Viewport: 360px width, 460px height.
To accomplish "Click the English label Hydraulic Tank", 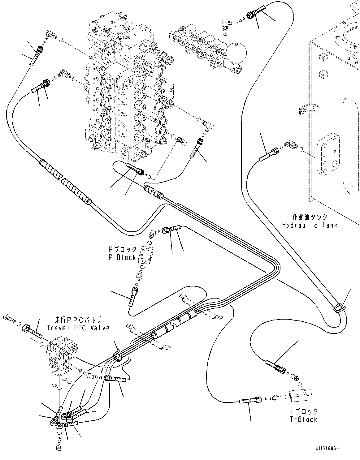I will coord(310,225).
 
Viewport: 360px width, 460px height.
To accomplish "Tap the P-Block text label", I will coord(122,257).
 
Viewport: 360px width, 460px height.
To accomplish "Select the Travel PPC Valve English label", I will coord(78,328).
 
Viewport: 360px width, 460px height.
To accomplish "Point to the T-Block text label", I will coord(303,419).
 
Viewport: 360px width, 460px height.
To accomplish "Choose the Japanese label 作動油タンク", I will coord(310,217).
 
